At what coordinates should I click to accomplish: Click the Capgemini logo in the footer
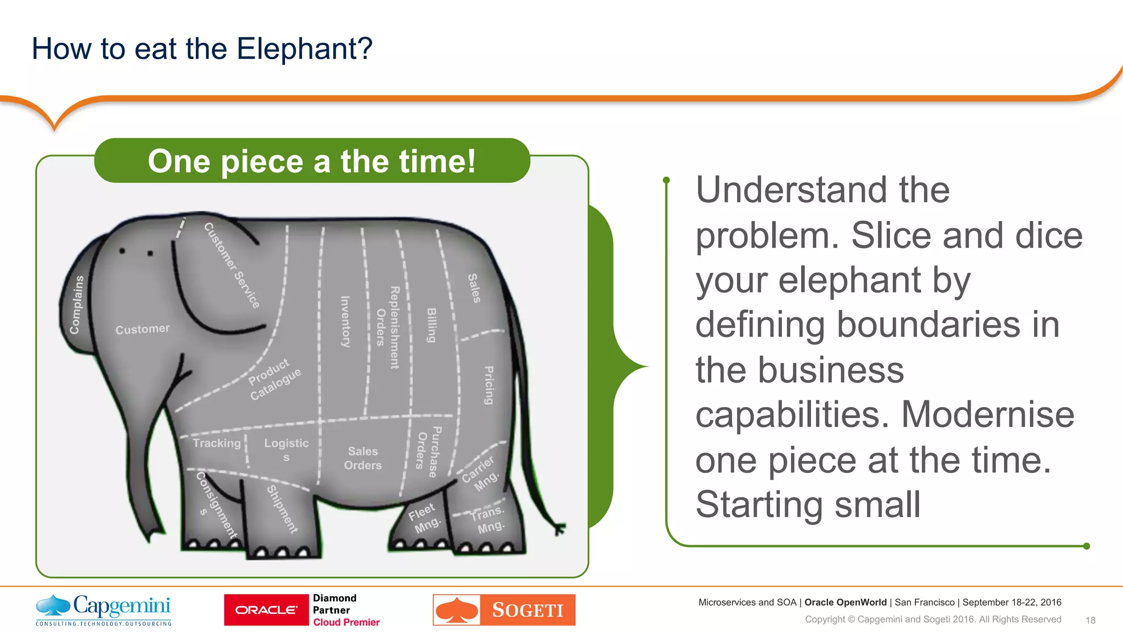(104, 610)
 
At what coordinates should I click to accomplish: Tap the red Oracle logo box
(266, 610)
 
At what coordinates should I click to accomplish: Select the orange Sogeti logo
(504, 610)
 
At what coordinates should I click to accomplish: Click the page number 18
(1090, 620)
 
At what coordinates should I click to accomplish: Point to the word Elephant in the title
(304, 49)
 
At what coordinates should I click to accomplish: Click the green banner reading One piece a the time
(311, 161)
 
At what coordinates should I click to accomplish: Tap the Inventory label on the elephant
(345, 321)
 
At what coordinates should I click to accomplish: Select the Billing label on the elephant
(432, 325)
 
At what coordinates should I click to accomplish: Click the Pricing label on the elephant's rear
(489, 385)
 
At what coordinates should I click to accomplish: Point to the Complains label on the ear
(77, 305)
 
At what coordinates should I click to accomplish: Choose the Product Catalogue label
(274, 379)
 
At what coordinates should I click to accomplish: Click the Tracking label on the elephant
(217, 443)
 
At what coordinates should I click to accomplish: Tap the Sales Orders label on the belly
(362, 458)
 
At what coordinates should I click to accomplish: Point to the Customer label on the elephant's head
(142, 329)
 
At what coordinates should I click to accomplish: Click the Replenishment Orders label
(388, 327)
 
